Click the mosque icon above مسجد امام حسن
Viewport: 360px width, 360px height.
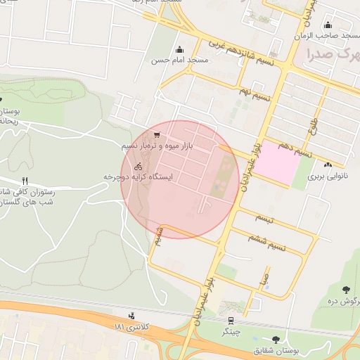tap(180, 49)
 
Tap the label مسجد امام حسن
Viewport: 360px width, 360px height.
tap(180, 61)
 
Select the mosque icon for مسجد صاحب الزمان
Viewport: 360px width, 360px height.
tap(328, 26)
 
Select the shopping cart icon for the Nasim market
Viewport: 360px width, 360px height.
tap(156, 134)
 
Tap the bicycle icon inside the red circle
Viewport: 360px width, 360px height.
tap(139, 167)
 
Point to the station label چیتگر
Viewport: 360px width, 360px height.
tap(231, 331)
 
